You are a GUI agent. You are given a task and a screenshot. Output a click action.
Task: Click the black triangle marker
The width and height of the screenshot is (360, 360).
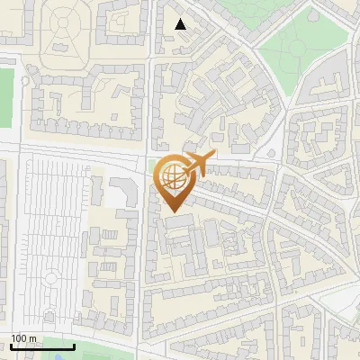pos(181,24)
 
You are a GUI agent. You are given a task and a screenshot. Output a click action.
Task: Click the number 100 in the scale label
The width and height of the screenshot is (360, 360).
pos(20,339)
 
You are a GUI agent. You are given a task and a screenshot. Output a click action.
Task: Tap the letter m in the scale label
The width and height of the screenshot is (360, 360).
pos(33,339)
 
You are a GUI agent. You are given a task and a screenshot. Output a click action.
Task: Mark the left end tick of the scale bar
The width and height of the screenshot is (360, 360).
pos(11,346)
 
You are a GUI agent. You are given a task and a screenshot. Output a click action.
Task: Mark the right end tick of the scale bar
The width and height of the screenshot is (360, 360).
pos(74,346)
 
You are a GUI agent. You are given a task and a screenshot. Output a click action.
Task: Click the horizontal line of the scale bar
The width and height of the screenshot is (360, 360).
pos(42,347)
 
